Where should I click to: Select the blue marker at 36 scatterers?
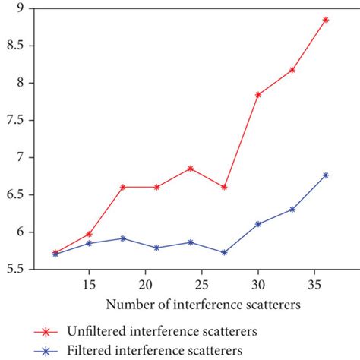[x=326, y=175]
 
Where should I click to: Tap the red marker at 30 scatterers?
[x=258, y=94]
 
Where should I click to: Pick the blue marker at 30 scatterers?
[x=258, y=224]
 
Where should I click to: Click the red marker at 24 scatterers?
[x=191, y=168]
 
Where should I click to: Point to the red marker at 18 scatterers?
[x=123, y=187]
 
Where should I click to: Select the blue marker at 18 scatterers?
[x=123, y=238]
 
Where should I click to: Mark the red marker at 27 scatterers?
[x=224, y=187]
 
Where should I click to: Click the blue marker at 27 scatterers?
[x=224, y=252]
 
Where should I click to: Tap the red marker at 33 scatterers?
[x=292, y=70]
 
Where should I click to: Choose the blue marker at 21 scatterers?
[x=156, y=248]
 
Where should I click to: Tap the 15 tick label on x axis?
[x=89, y=283]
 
